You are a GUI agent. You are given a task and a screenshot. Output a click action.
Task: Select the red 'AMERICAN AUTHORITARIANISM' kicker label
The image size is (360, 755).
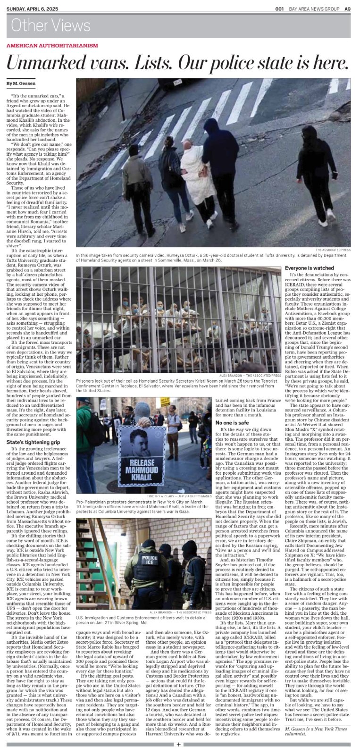coord(52,45)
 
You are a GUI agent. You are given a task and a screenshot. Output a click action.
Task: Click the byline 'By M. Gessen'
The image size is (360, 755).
coord(18,83)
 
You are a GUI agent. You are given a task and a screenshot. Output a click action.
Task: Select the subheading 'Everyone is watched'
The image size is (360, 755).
coord(310,268)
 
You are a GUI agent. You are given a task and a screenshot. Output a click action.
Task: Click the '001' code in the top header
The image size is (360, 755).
coord(279,8)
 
